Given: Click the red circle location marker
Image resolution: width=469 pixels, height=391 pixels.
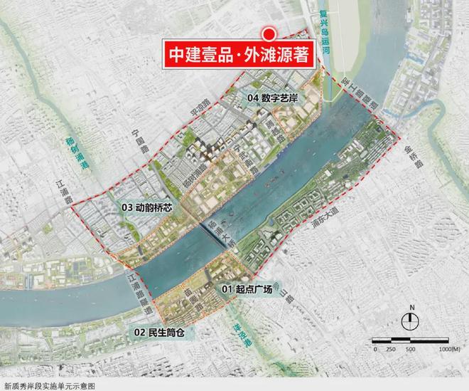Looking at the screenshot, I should [x=269, y=33].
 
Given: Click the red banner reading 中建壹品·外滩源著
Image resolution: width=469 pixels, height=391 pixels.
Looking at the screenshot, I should [x=238, y=56].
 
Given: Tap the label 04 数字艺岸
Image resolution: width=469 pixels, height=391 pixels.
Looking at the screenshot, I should [x=272, y=96].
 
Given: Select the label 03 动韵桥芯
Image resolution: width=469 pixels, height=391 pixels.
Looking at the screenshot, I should [x=146, y=207].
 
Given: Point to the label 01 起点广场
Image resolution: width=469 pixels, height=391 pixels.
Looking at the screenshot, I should [x=246, y=288].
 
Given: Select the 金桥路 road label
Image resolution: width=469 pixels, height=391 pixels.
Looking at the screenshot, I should [x=414, y=152].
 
